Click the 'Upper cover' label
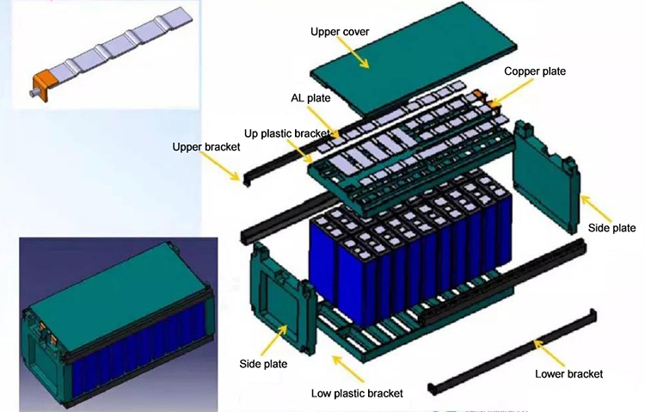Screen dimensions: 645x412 click(x=340, y=32)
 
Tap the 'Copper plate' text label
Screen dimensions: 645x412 click(x=535, y=71)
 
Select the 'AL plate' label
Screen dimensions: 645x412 click(x=310, y=98)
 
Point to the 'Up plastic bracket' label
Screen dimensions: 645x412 click(x=286, y=134)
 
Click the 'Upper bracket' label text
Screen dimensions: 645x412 click(x=206, y=147)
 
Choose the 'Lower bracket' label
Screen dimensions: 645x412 click(x=569, y=373)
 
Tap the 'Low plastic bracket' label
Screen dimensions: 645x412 click(x=357, y=393)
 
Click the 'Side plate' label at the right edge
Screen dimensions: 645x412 click(x=611, y=228)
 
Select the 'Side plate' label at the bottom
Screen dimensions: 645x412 click(x=263, y=364)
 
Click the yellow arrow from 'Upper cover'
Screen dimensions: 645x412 click(x=353, y=52)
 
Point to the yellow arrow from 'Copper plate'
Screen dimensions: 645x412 click(x=510, y=90)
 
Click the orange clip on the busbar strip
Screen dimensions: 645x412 click(x=42, y=83)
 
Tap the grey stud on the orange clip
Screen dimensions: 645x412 click(x=35, y=93)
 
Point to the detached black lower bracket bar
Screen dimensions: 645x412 click(x=513, y=352)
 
